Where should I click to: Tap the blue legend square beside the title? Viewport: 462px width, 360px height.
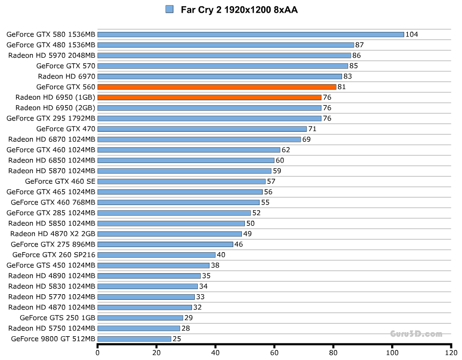pyautogui.click(x=169, y=9)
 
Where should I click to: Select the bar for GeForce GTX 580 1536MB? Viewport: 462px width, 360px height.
pyautogui.click(x=250, y=34)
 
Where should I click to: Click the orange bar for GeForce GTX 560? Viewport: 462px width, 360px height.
pyautogui.click(x=217, y=87)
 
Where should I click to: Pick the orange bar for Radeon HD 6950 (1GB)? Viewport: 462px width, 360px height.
pyautogui.click(x=209, y=97)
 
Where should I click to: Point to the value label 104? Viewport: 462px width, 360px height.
pyautogui.click(x=412, y=34)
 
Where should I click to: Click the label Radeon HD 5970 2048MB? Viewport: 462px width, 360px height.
pyautogui.click(x=52, y=55)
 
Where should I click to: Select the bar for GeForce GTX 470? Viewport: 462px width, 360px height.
pyautogui.click(x=202, y=129)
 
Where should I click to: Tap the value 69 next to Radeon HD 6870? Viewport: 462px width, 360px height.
pyautogui.click(x=307, y=139)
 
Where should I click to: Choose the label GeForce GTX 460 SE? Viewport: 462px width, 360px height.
pyautogui.click(x=60, y=181)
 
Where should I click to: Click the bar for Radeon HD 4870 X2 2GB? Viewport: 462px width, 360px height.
pyautogui.click(x=170, y=234)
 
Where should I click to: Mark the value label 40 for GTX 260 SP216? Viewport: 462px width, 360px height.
pyautogui.click(x=221, y=255)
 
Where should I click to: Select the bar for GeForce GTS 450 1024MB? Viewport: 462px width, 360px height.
pyautogui.click(x=153, y=265)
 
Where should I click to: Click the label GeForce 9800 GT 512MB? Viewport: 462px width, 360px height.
pyautogui.click(x=53, y=339)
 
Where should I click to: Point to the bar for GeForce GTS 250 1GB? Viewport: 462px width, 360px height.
pyautogui.click(x=140, y=318)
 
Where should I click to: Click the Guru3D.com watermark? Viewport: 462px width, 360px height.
pyautogui.click(x=416, y=334)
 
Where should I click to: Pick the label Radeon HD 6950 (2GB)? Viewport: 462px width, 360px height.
pyautogui.click(x=55, y=108)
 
